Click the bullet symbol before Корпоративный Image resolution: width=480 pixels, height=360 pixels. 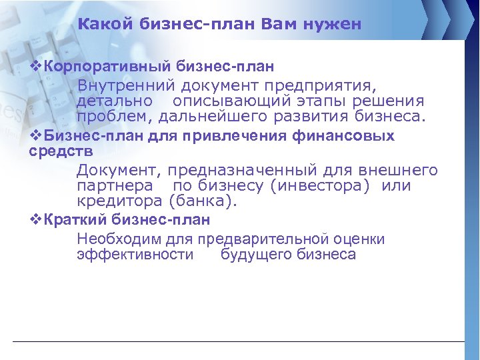pos(37,67)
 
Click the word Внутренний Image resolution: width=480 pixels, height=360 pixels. pos(125,86)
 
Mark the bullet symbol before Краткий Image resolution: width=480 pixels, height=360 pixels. pos(37,219)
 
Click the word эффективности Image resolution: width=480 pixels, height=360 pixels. pos(135,255)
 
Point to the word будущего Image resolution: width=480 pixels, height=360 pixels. pos(255,255)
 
